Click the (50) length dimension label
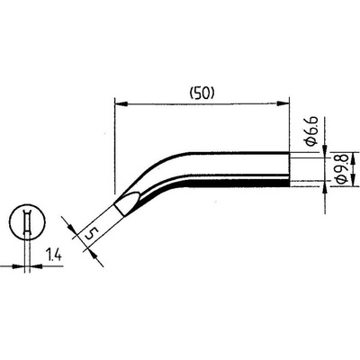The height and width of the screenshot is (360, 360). pyautogui.click(x=202, y=94)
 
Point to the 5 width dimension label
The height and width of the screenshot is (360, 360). pyautogui.click(x=91, y=233)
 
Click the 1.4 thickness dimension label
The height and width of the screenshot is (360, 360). pyautogui.click(x=53, y=255)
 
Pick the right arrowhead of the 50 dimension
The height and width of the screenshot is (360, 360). pyautogui.click(x=283, y=104)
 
